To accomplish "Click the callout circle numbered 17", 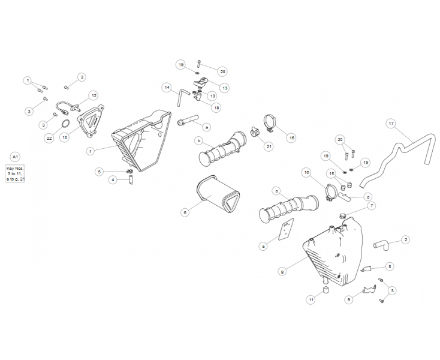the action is coord(391,123).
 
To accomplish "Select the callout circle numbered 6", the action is coord(185,212).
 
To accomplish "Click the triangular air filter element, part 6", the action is coord(218,194).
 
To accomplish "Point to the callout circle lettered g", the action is coord(283,272).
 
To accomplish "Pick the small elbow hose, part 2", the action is coord(381,245).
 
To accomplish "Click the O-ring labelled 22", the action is coord(65,124).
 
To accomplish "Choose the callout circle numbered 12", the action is coord(94,96).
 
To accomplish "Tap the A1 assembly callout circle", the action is coord(15,157).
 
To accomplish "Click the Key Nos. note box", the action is coord(15,173).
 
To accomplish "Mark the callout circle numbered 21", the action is coord(269,146).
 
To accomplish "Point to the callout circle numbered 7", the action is coord(372,206).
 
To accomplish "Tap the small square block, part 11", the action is coord(326,290).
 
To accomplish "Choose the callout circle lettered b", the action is coord(199,140).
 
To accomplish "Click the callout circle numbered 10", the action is coord(65,137).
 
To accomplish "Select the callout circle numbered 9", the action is coord(349,299).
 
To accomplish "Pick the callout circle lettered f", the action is coord(91,152).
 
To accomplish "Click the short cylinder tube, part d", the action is coord(345,196).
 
